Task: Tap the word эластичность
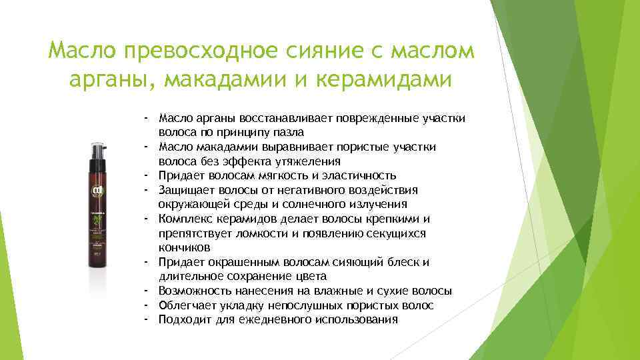click(x=359, y=175)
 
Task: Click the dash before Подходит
click(x=145, y=319)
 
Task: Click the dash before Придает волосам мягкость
click(x=145, y=175)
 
